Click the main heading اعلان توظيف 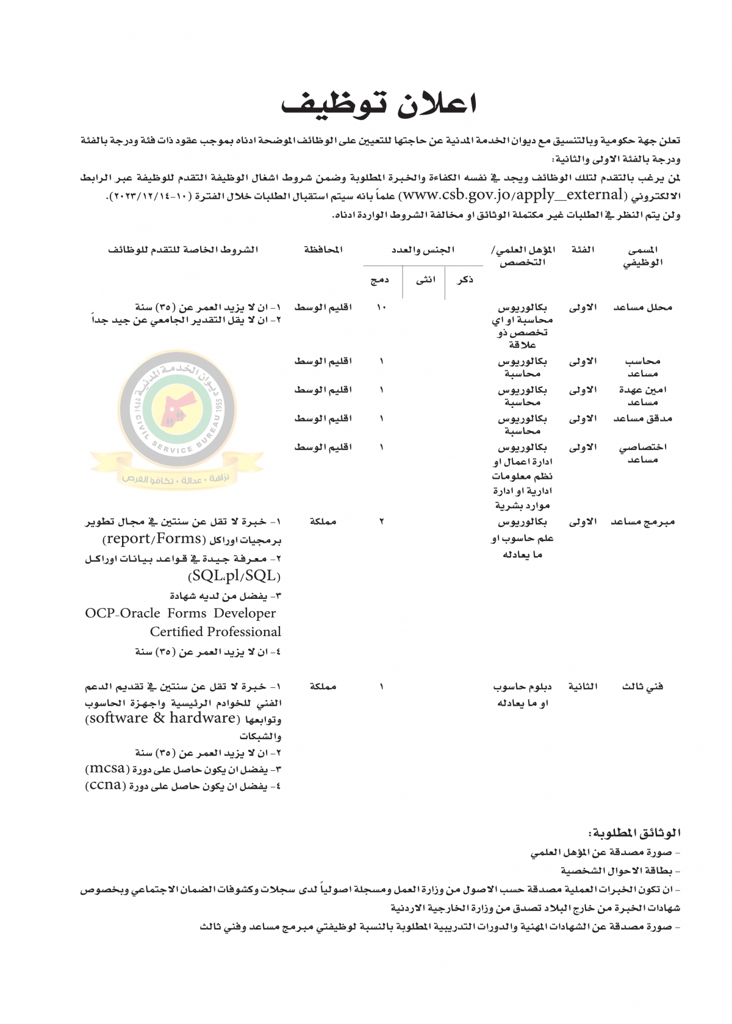[378, 104]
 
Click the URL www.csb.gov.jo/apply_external [512, 195]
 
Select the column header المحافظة [323, 249]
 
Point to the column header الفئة [583, 249]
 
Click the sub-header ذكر [465, 279]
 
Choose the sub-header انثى [426, 279]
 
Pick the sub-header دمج [380, 279]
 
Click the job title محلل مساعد [642, 307]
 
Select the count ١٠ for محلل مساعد [381, 307]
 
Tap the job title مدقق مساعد [642, 418]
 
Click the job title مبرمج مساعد [642, 522]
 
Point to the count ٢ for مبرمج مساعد [382, 522]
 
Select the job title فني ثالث [642, 687]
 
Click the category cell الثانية [583, 687]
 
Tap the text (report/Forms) [154, 539]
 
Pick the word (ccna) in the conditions [106, 786]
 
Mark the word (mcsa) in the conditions [107, 769]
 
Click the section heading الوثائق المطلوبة [634, 833]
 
